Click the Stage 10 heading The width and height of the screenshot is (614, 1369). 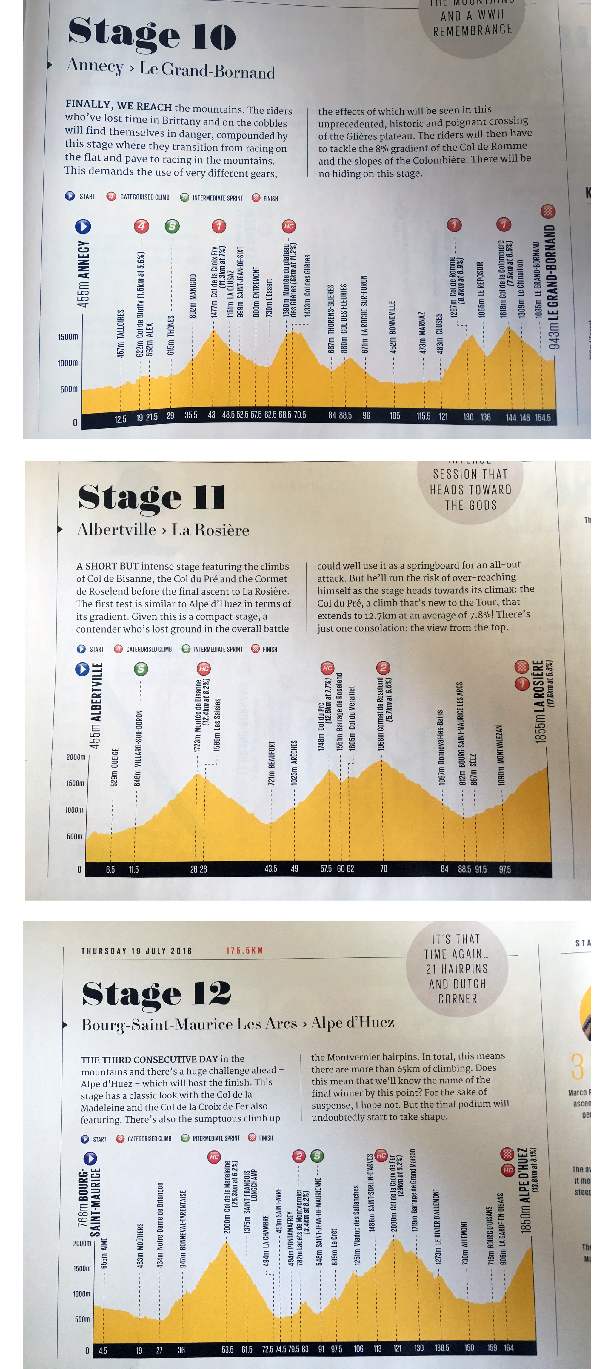coord(151,34)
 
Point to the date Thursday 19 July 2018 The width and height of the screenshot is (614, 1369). coord(136,951)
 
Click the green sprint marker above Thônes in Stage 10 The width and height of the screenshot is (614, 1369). coord(172,226)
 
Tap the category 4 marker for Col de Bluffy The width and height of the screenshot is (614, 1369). coord(141,226)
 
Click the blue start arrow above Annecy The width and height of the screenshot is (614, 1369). coord(83,226)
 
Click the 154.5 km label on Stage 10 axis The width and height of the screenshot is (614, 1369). coord(543,417)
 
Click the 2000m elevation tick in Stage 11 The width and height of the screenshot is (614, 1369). coord(76,757)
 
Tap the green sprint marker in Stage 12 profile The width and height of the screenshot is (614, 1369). coord(317,1156)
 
